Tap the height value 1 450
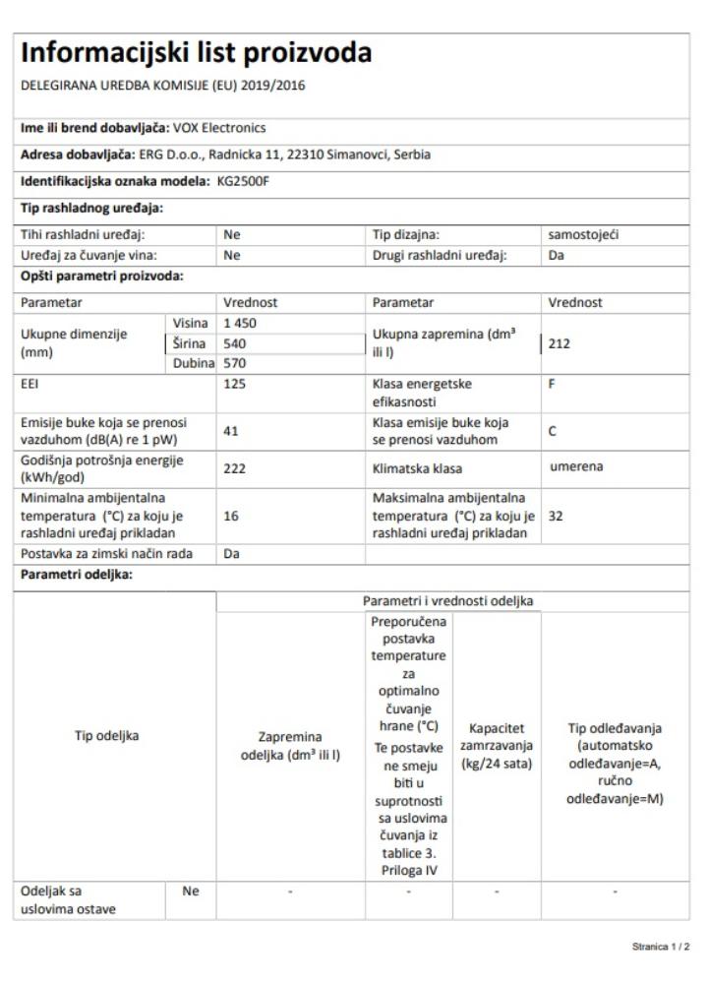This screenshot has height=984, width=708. pyautogui.click(x=242, y=324)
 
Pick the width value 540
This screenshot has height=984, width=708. pyautogui.click(x=236, y=343)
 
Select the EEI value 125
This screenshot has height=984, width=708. pyautogui.click(x=236, y=384)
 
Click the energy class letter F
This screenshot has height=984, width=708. pyautogui.click(x=554, y=384)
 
